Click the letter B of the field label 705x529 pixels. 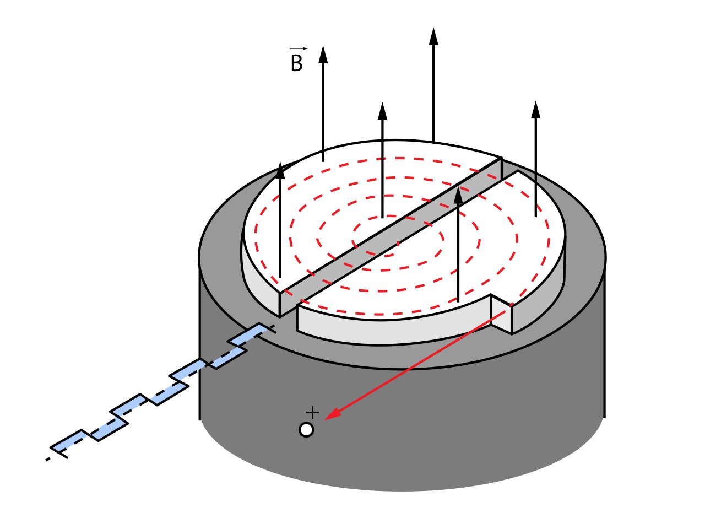(296, 64)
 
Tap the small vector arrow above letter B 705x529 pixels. (298, 49)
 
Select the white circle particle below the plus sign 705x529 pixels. (306, 429)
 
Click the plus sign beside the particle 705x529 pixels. (312, 412)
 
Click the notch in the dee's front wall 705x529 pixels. (501, 314)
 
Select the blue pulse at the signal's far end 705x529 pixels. (69, 444)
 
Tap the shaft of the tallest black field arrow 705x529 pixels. (433, 94)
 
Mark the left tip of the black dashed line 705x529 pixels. (47, 459)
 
